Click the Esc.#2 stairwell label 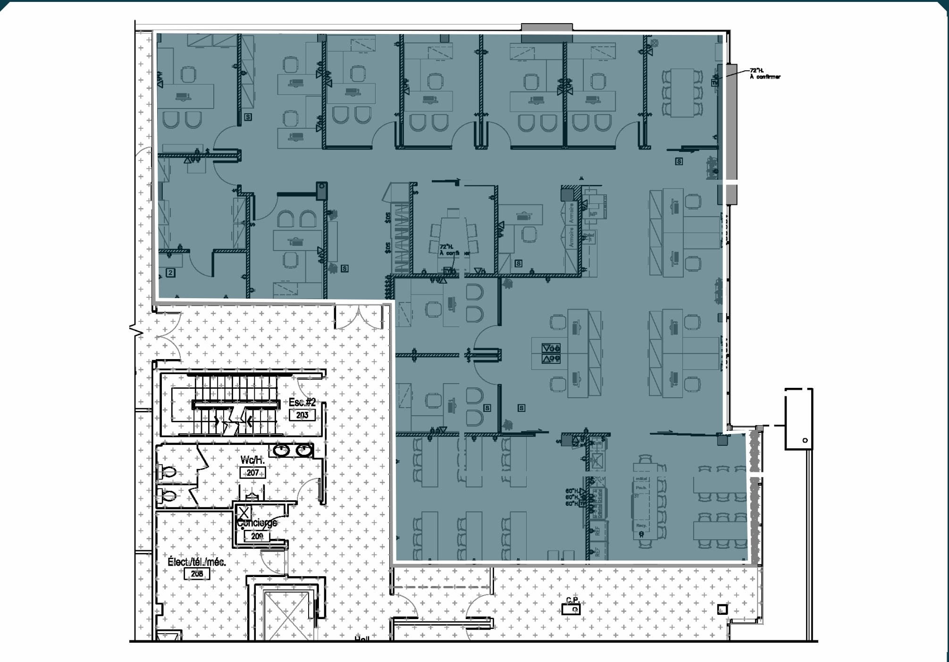tap(302, 402)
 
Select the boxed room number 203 tap(302, 415)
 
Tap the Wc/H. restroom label tap(252, 460)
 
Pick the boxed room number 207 tap(253, 473)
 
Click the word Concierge tap(257, 523)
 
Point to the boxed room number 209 tap(257, 536)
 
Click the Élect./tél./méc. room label tap(197, 562)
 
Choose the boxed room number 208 tap(197, 574)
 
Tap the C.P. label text tap(572, 600)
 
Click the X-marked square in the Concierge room tap(244, 512)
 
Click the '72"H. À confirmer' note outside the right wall tap(764, 74)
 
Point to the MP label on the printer tap(593, 214)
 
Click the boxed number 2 tap(170, 273)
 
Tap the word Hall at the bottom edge tap(362, 638)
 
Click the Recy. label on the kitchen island tap(641, 525)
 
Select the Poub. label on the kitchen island tap(641, 487)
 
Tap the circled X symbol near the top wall tap(655, 43)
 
